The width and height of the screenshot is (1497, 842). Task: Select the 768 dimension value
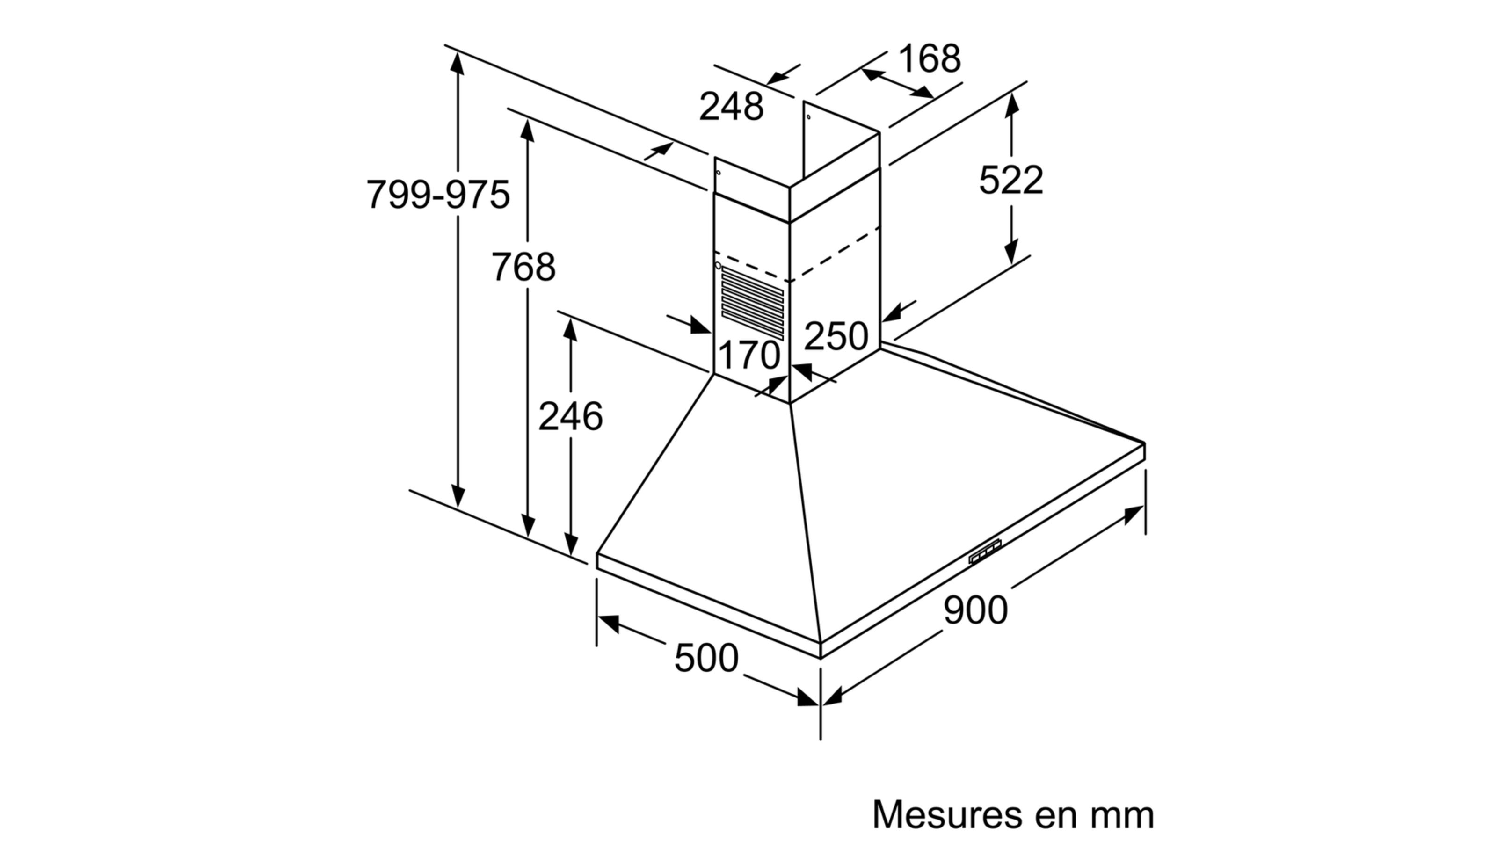(523, 267)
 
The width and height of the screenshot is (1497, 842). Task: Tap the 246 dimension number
(570, 417)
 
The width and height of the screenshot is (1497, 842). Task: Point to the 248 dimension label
(731, 107)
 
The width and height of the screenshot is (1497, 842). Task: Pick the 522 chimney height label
(1011, 180)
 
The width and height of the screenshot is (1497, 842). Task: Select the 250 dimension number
(836, 336)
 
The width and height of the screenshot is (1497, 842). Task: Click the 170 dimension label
(748, 355)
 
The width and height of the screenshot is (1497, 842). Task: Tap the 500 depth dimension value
(706, 658)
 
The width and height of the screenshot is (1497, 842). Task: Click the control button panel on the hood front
(986, 552)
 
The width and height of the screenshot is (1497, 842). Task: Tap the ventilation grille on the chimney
(753, 303)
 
